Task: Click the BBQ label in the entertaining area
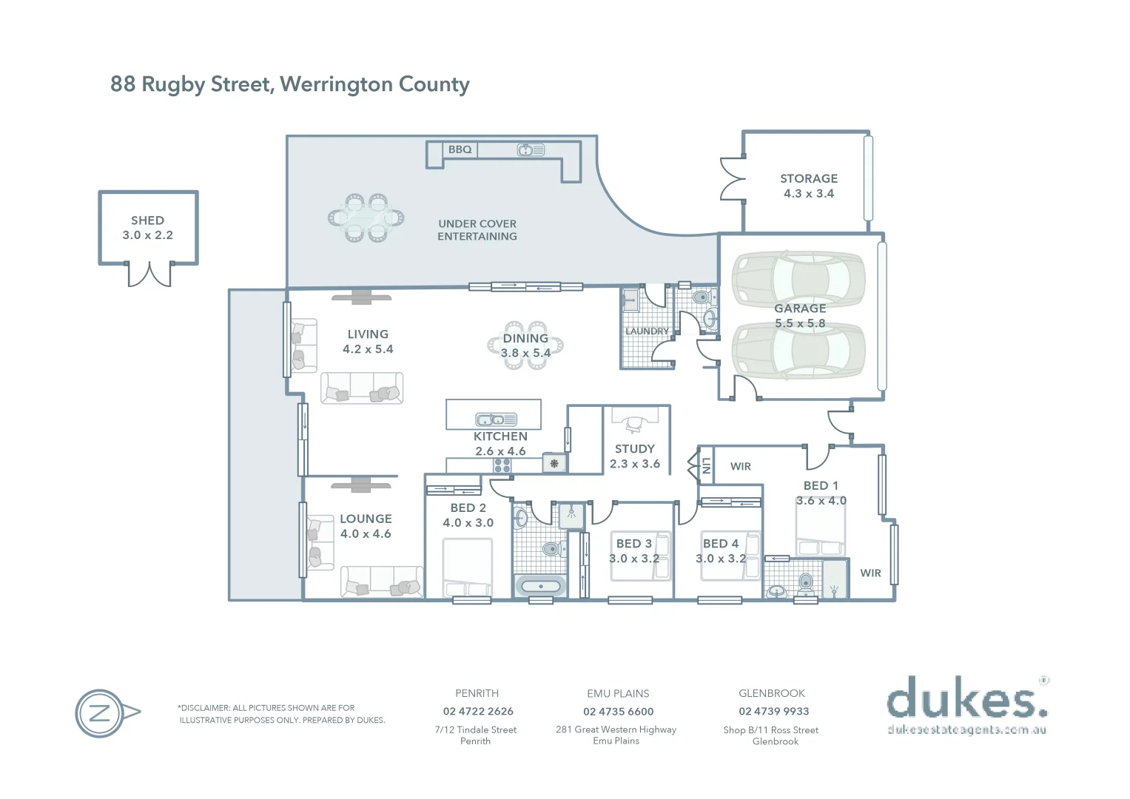click(460, 149)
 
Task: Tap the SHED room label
click(147, 220)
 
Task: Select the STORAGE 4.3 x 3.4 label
click(809, 186)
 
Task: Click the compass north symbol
click(101, 714)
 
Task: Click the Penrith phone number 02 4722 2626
click(478, 712)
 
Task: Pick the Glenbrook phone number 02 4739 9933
click(773, 712)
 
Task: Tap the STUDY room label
click(635, 449)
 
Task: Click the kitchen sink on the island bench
click(496, 419)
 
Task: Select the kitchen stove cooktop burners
click(502, 465)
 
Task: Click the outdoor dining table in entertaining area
click(366, 218)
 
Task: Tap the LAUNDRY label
click(647, 331)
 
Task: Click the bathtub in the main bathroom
click(541, 587)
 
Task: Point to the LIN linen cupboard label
click(706, 465)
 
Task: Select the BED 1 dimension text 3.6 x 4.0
click(821, 501)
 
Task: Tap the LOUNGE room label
click(366, 519)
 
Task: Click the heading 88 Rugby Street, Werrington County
click(290, 84)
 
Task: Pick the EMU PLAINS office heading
click(618, 694)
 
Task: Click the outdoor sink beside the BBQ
click(531, 150)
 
